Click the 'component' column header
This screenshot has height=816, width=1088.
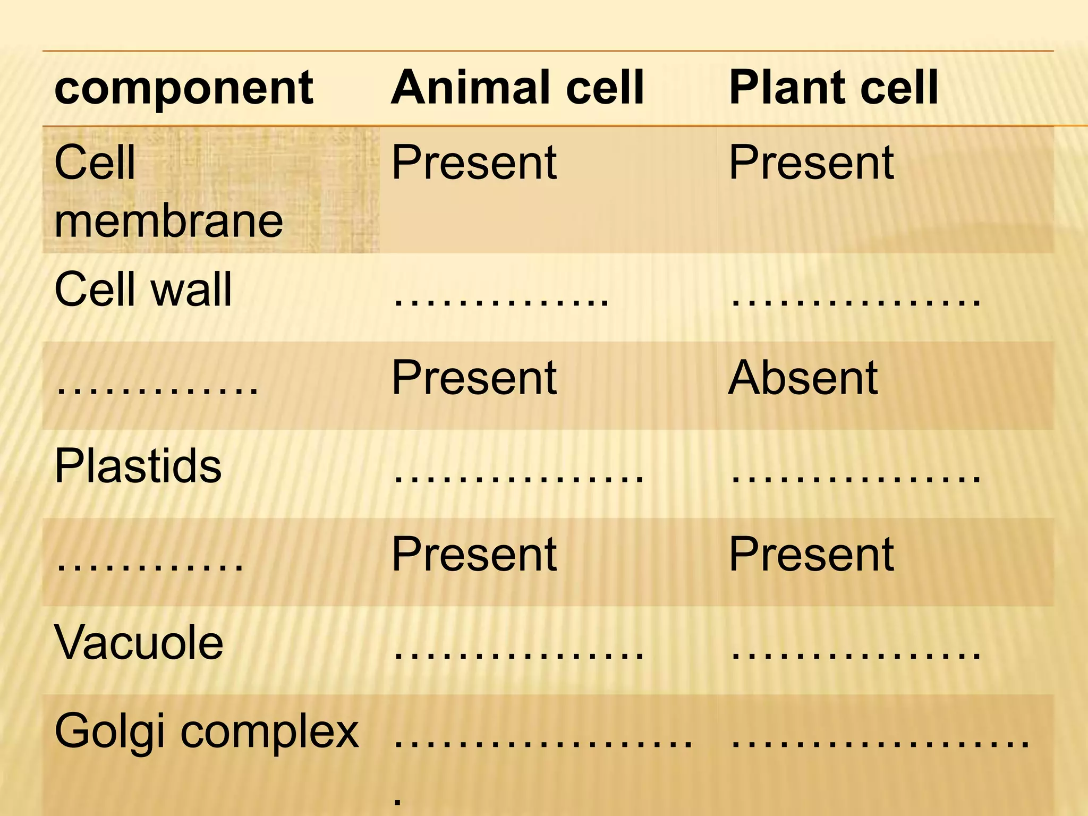[x=184, y=88]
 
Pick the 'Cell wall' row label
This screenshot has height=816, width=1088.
[x=143, y=290]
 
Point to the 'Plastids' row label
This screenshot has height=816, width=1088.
[x=138, y=466]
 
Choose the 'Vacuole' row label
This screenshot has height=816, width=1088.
[x=139, y=642]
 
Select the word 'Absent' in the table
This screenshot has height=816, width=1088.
[x=803, y=378]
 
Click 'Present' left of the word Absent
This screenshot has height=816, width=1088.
[x=474, y=378]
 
